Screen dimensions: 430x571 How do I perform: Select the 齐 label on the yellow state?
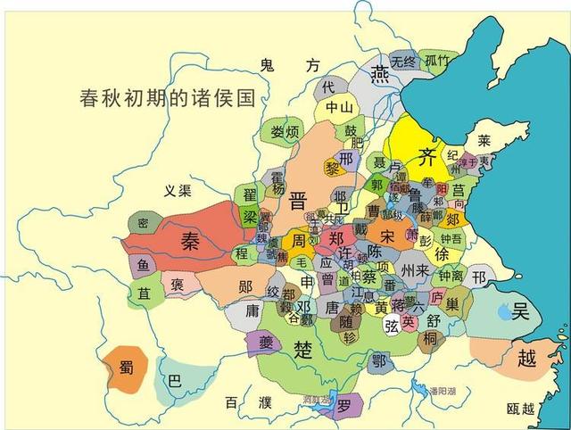pos(428,157)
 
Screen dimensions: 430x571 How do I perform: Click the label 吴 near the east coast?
pos(520,311)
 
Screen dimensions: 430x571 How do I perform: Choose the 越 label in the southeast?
pos(526,359)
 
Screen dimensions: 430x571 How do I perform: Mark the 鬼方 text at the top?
pos(288,65)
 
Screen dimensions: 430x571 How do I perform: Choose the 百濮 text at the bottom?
pos(247,404)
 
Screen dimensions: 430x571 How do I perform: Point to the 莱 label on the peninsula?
pos(484,141)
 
